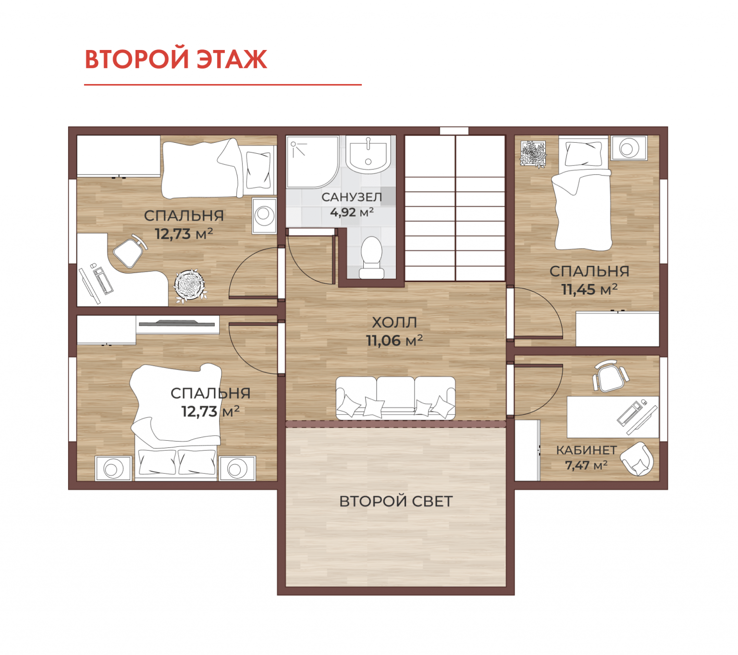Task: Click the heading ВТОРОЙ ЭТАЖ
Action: [176, 59]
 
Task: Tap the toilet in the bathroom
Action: [371, 258]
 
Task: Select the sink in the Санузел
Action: [368, 154]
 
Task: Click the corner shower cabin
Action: [312, 162]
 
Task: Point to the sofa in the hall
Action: [395, 398]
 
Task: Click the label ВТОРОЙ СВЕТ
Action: [396, 501]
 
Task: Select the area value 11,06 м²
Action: [394, 340]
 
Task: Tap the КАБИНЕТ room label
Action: [587, 450]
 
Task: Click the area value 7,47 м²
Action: [586, 465]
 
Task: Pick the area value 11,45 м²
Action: [590, 289]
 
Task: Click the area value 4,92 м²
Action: [352, 212]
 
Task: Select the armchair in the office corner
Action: [637, 459]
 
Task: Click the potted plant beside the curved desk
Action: [189, 285]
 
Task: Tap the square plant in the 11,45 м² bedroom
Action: [533, 154]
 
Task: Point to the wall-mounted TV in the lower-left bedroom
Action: [177, 323]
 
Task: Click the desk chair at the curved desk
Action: [130, 251]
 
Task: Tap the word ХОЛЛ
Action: [394, 322]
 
